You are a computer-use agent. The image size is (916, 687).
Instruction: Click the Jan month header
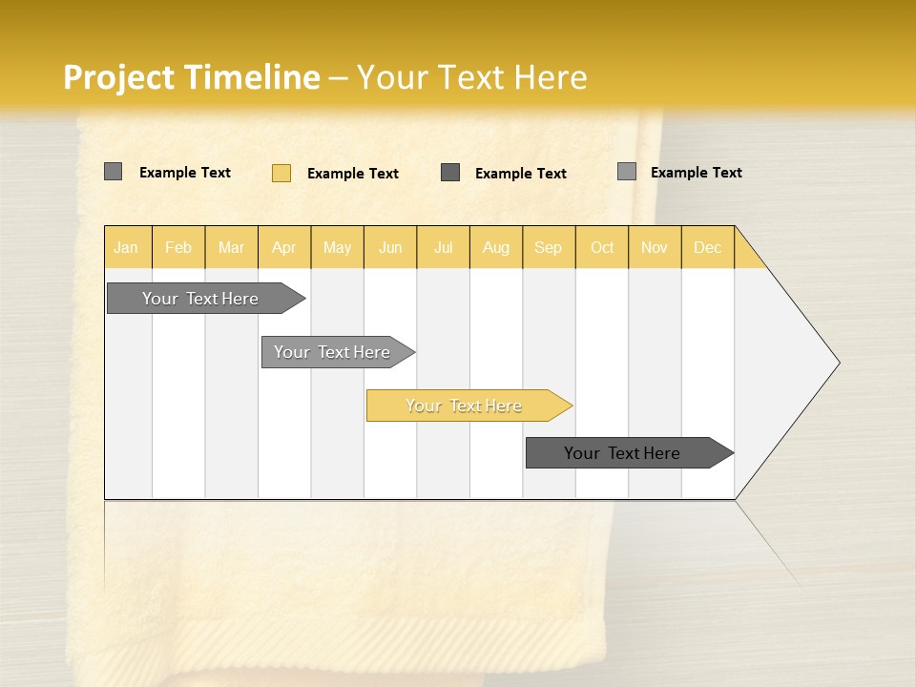coord(126,247)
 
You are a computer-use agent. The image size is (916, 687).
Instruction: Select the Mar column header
coord(231,247)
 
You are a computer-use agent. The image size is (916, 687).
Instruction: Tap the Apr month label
coord(283,247)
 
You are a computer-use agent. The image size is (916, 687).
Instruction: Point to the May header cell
coord(337,247)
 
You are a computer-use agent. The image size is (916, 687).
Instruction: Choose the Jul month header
coord(443,247)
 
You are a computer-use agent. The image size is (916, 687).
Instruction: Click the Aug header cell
coord(495,247)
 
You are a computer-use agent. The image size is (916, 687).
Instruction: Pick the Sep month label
coord(548,247)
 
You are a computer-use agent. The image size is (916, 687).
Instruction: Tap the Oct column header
coord(602,247)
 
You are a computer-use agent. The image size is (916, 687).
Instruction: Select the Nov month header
coord(654,247)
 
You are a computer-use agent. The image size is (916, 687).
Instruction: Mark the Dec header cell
coord(707,247)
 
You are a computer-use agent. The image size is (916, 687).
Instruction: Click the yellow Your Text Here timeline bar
coord(465,406)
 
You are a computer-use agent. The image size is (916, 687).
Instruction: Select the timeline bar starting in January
coord(200,299)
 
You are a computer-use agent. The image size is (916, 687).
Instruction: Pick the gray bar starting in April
coord(332,352)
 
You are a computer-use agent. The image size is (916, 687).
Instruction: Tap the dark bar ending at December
coord(622,453)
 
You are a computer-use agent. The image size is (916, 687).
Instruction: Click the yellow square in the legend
coord(281,173)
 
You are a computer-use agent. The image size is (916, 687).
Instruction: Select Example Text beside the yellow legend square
coord(352,174)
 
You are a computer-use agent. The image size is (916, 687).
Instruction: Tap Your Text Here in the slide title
coord(471,77)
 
